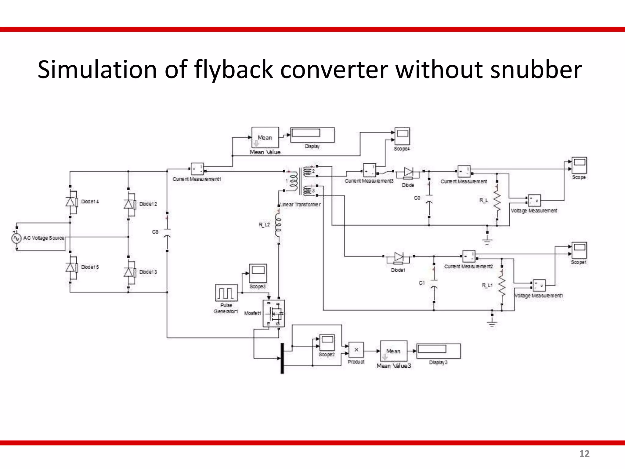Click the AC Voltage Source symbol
pos(16,238)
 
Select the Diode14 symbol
pos(70,202)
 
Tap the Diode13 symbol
pos(128,272)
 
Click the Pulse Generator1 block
pos(226,293)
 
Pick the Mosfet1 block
pos(274,314)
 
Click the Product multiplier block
pos(356,350)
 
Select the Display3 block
pos(438,351)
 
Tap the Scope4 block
pos(402,136)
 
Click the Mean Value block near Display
pos(265,138)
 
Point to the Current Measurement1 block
pos(197,169)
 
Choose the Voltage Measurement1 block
pos(539,285)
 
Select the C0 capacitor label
pos(417,198)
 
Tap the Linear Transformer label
pos(301,205)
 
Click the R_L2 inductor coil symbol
pos(278,225)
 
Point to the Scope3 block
pos(258,273)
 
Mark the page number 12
pos(584,454)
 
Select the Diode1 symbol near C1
pos(399,257)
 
